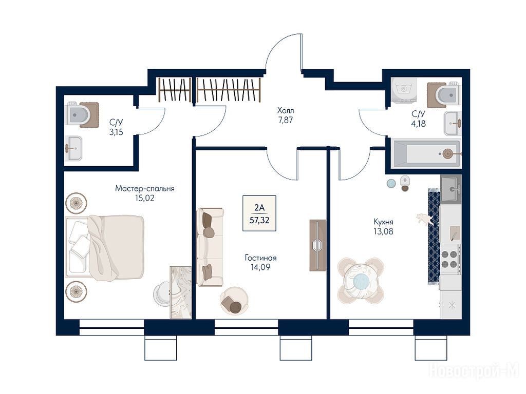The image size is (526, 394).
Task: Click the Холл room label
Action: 286,110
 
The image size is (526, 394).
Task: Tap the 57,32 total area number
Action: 259,220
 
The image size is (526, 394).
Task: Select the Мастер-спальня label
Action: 144,188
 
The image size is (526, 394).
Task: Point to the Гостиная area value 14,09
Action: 260,267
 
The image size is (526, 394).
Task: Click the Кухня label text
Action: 383,222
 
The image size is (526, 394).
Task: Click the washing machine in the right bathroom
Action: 405,90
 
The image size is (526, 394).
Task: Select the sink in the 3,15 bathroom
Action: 73,148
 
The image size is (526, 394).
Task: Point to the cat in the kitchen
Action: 424,219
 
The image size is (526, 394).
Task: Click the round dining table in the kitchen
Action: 361,281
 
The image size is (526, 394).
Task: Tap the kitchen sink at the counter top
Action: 450,189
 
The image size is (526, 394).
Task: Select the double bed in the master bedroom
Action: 105,247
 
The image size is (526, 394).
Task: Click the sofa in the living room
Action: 210,247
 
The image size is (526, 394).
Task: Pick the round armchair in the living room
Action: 234,301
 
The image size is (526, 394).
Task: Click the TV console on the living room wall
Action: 317,245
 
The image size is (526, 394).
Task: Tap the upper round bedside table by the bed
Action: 76,203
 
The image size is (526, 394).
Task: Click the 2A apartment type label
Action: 259,208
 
